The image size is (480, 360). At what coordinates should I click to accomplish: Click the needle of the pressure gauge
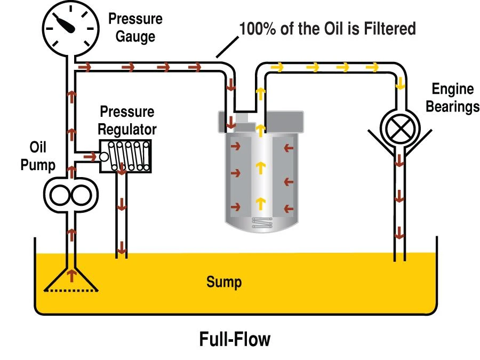click(x=65, y=23)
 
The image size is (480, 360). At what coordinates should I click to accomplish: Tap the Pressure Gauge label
click(x=135, y=28)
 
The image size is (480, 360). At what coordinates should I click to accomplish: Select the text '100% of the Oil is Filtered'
click(x=327, y=28)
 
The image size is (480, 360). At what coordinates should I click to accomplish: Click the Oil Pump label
click(x=38, y=156)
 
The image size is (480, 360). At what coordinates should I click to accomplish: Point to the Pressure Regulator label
click(x=127, y=121)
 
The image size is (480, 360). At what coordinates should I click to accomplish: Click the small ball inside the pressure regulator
click(x=104, y=157)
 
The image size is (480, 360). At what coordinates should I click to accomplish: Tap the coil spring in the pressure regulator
click(x=129, y=156)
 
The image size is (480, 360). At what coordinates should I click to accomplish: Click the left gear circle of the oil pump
click(x=60, y=196)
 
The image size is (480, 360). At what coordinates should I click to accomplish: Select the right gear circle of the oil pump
click(x=82, y=196)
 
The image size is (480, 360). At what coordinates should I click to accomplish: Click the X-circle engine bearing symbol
click(x=400, y=129)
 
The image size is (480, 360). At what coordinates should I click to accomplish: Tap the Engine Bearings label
click(x=452, y=98)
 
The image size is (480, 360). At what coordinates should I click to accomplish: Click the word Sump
click(x=224, y=282)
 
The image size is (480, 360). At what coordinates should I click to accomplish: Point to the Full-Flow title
click(x=235, y=339)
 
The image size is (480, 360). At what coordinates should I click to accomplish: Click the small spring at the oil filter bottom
click(x=262, y=223)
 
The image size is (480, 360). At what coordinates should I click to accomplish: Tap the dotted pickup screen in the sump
click(x=71, y=291)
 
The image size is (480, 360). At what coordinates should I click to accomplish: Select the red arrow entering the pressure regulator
click(x=90, y=157)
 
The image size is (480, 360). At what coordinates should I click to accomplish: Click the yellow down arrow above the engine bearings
click(x=400, y=83)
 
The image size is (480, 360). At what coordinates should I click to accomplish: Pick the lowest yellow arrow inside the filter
click(x=260, y=204)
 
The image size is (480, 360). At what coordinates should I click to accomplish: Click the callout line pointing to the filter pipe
click(x=227, y=47)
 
